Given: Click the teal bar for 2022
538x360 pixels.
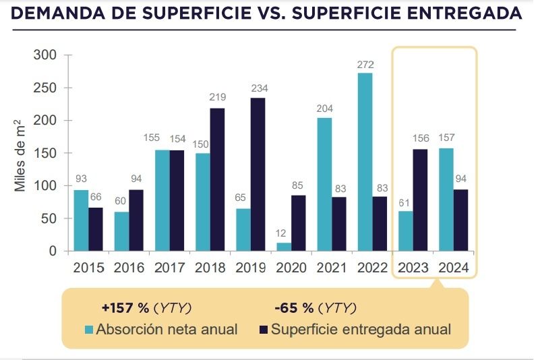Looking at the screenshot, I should click(x=365, y=162).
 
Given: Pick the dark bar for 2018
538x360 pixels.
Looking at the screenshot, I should click(x=217, y=179).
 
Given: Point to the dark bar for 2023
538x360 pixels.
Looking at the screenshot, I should click(x=421, y=200).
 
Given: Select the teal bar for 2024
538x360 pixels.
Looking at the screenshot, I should click(x=446, y=200).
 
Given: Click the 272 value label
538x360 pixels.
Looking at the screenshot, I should click(x=365, y=65).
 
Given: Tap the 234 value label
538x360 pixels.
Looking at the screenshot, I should click(x=258, y=89).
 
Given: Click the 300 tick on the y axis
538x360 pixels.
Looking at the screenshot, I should click(x=46, y=55).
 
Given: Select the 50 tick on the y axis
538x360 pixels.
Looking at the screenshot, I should click(x=49, y=219).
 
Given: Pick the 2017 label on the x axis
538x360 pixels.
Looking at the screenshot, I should click(x=170, y=268).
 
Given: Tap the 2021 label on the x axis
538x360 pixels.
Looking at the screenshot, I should click(x=332, y=268).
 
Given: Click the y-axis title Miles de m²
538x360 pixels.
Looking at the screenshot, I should click(x=22, y=152).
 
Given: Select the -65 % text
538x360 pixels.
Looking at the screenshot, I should click(x=295, y=308).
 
